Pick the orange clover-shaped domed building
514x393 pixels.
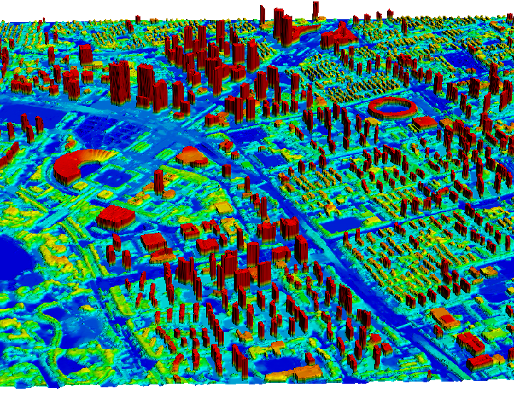192,155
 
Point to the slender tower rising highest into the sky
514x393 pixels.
314,10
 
